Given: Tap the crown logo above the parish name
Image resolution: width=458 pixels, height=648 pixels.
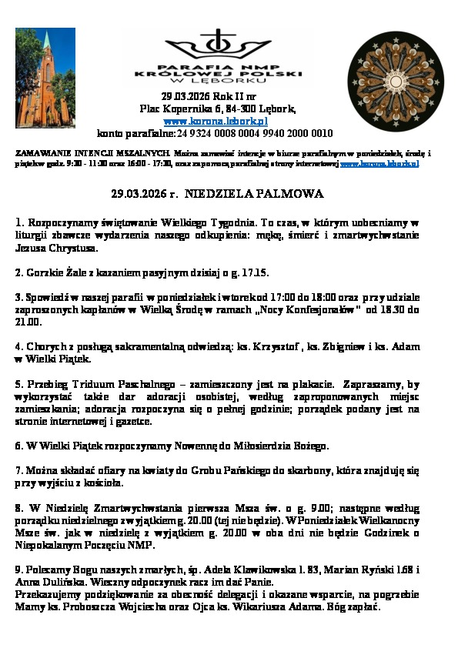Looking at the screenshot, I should click(x=219, y=44).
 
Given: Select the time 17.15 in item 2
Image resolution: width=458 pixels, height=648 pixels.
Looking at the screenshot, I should click(x=255, y=272).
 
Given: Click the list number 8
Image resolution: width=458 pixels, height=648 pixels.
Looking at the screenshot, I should click(x=18, y=508).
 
